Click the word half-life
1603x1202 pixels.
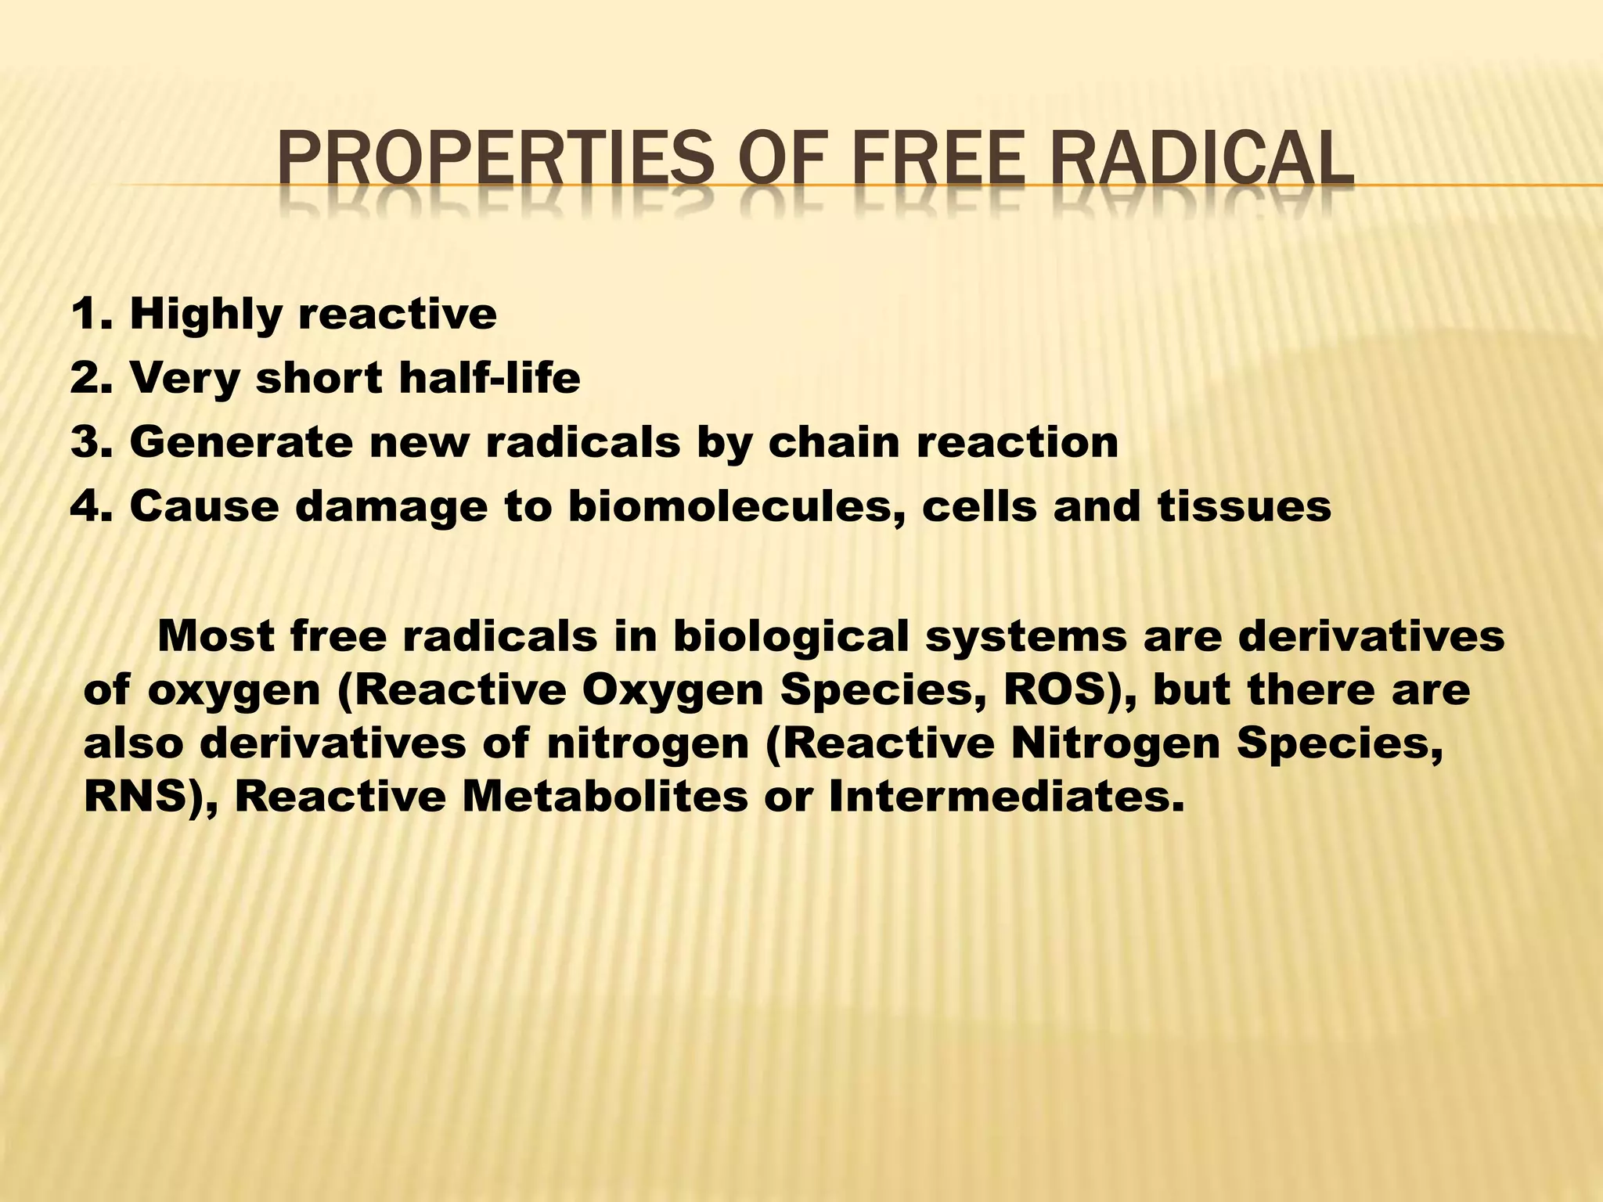(x=489, y=379)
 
